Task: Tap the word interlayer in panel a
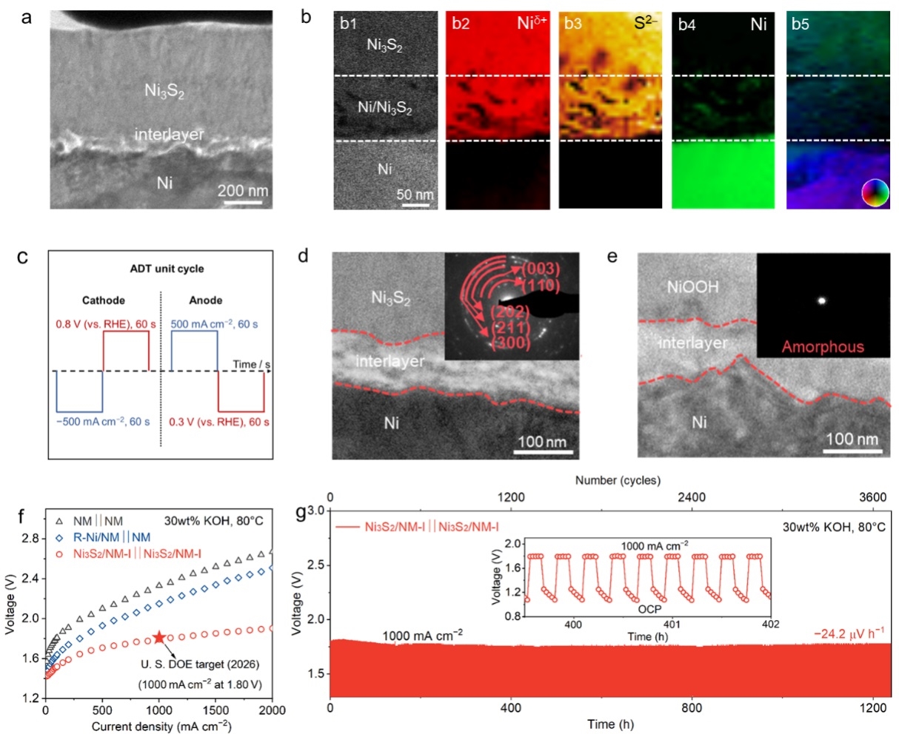(x=169, y=135)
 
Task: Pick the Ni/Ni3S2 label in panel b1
(x=384, y=108)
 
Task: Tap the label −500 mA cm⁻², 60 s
(x=104, y=422)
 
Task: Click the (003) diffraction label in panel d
(x=540, y=269)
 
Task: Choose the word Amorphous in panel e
(x=823, y=346)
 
